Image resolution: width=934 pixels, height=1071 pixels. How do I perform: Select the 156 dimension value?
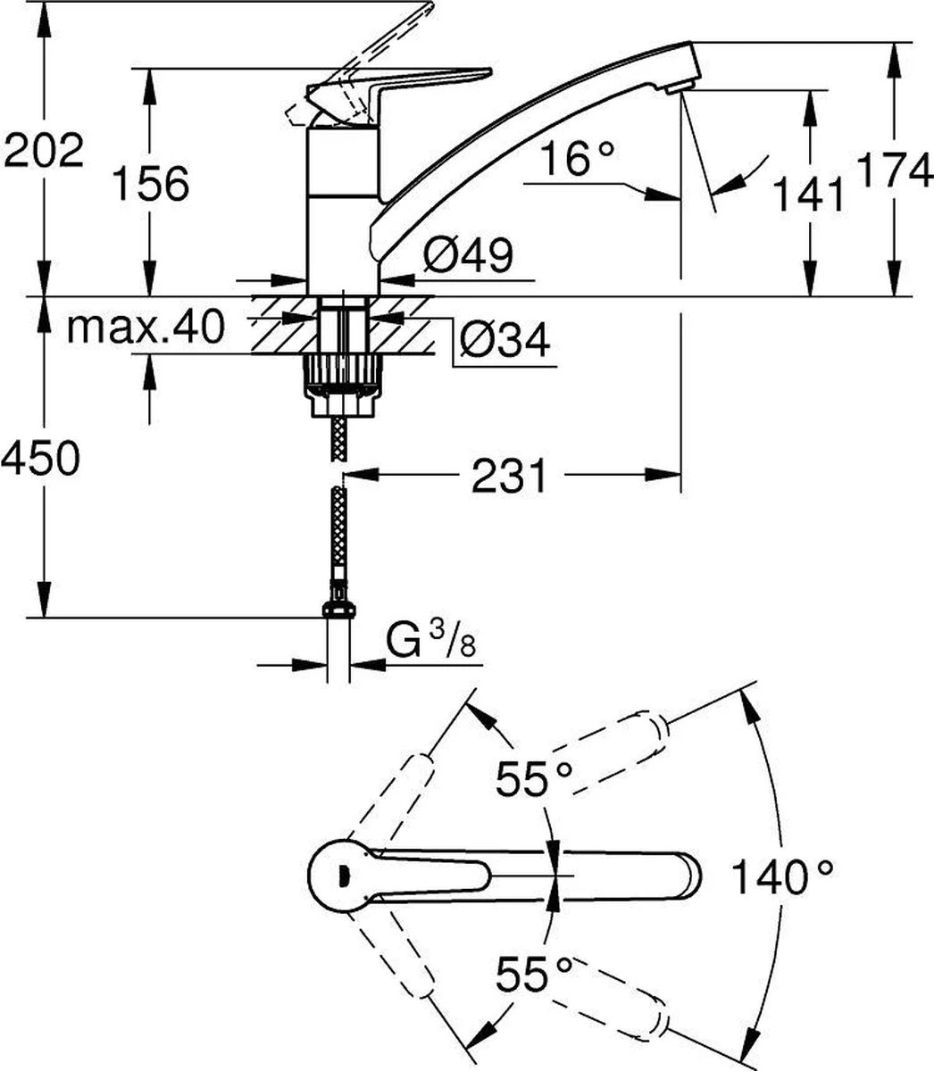tap(150, 183)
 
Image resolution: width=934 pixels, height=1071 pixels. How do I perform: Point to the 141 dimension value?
tap(808, 194)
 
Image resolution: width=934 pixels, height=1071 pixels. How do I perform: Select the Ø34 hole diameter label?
tap(505, 340)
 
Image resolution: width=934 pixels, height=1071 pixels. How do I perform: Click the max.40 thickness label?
tap(145, 328)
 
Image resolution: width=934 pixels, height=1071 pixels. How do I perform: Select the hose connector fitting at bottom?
tap(338, 605)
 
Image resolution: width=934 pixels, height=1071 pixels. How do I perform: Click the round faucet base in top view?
tap(338, 874)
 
